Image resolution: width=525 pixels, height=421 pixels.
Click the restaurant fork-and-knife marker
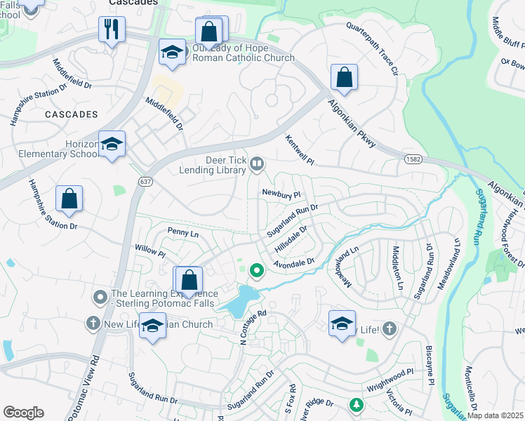point(112,30)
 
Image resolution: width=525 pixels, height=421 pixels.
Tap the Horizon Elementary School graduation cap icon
point(112,145)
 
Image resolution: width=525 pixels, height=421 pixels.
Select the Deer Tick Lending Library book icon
point(257,164)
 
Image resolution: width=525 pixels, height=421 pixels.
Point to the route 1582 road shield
point(412,161)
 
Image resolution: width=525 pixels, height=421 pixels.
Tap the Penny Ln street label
point(183,231)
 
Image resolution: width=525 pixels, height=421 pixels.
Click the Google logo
point(23,413)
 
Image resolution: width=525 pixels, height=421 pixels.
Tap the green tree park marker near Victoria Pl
point(357,405)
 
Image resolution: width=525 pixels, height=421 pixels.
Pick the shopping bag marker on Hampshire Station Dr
point(69,199)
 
